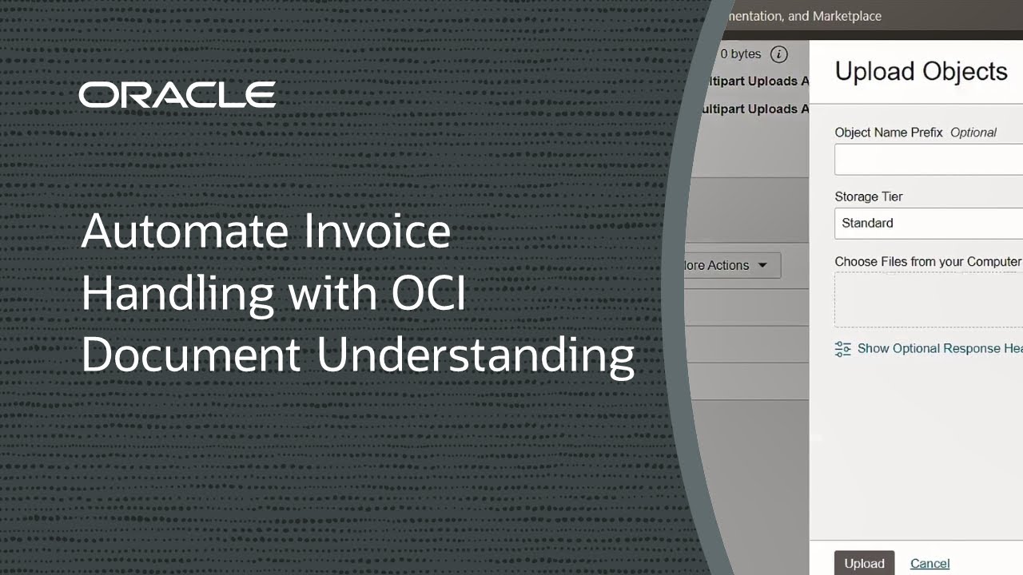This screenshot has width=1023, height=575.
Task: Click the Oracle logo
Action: pos(177,95)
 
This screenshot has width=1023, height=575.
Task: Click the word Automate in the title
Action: pos(185,232)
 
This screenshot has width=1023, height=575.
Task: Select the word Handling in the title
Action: pos(177,292)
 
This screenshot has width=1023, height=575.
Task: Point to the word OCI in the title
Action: pos(428,292)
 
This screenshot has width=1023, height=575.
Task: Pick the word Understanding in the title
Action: pos(476,355)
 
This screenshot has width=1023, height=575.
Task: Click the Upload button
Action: pos(864,563)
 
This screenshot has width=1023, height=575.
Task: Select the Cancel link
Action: pos(929,563)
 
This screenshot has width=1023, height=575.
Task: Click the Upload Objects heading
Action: pos(921,71)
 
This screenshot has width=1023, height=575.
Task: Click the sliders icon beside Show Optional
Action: pos(842,349)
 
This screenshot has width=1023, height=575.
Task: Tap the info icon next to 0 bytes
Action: pos(778,54)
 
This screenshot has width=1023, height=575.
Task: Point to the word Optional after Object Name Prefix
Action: pos(973,133)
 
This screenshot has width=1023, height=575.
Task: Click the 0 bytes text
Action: pos(740,54)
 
